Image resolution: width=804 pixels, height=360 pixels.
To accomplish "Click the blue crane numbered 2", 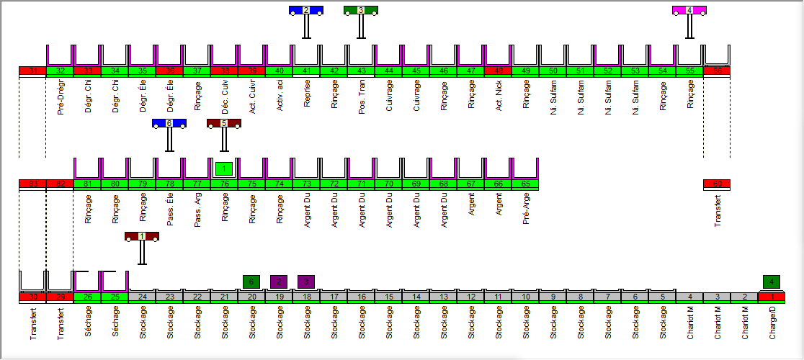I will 306,10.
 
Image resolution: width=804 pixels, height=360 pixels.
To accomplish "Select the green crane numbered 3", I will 361,10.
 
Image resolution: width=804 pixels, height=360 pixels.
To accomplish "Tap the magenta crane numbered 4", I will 689,10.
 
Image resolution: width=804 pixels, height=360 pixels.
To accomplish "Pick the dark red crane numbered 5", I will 224,123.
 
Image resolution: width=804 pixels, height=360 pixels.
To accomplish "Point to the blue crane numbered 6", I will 169,123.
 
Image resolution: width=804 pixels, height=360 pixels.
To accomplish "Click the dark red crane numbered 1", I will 142,236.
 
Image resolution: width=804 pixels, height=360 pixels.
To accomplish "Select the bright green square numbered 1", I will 224,168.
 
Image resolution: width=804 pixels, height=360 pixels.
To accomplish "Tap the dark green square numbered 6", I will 251,282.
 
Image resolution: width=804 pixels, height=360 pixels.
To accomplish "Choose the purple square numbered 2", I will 279,282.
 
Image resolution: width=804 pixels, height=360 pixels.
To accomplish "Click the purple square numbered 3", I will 306,282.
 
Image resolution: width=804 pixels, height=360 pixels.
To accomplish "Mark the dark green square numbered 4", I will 772,282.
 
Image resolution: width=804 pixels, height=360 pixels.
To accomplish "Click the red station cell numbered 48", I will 498,71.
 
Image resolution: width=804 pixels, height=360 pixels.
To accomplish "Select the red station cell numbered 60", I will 717,184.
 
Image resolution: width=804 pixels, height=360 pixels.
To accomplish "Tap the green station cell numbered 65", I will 525,184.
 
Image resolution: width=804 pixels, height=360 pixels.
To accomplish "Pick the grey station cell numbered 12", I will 470,297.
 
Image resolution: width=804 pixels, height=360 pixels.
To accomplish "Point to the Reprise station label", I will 307,94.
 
